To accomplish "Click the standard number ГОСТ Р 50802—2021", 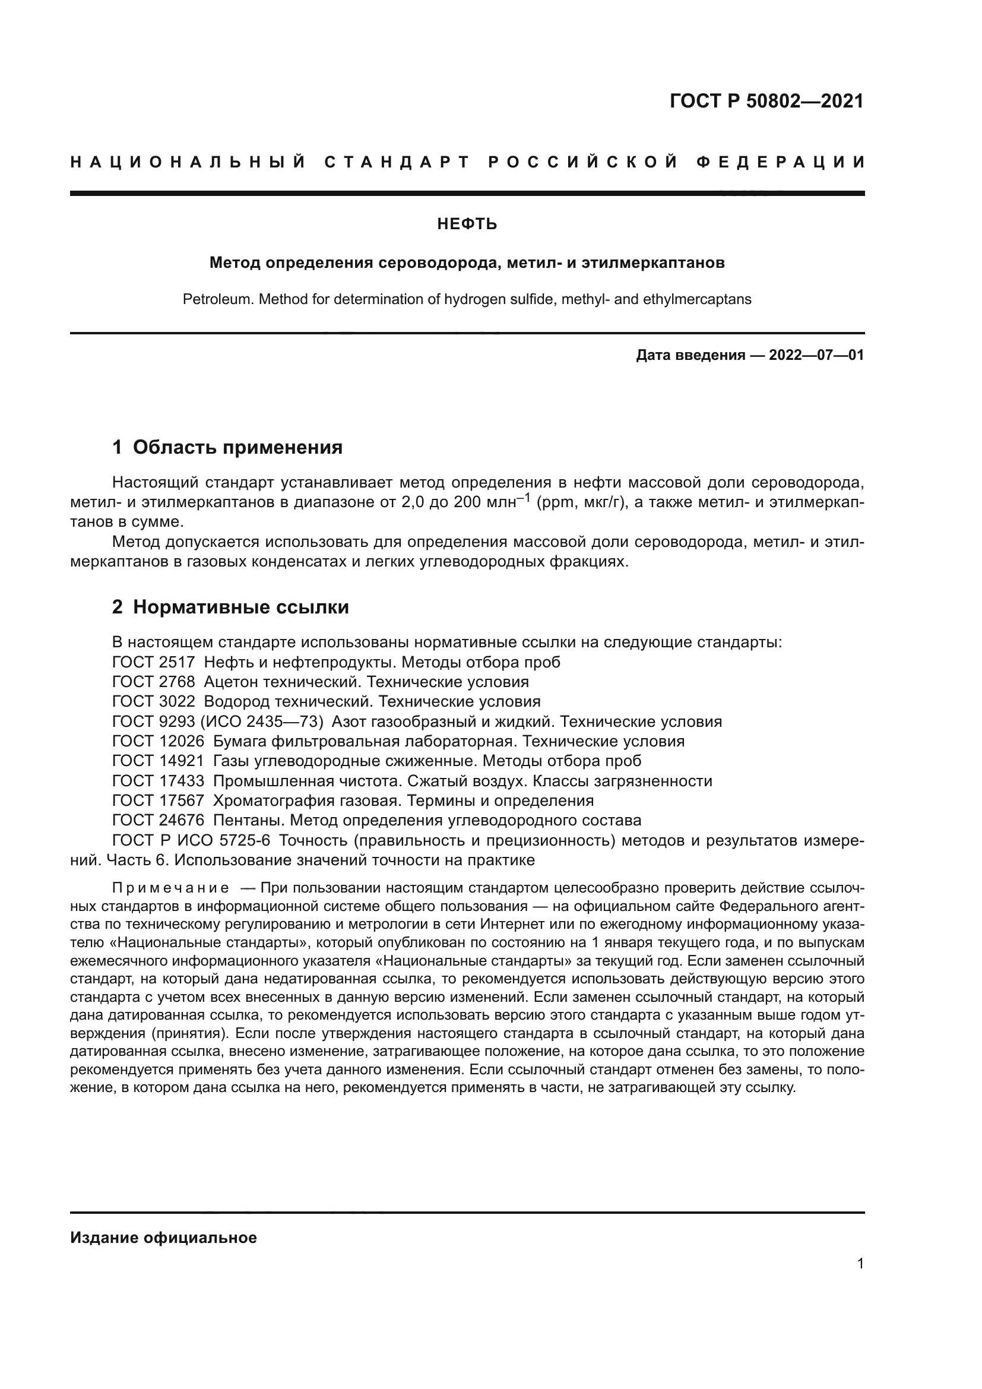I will [766, 101].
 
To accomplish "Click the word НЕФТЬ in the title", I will [467, 224].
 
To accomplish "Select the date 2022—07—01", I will [816, 355].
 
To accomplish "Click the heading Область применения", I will [237, 448].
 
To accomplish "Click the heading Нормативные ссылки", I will [240, 607].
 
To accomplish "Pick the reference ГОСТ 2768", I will [154, 682].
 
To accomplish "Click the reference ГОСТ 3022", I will [154, 702].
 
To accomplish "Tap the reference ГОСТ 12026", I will [159, 741].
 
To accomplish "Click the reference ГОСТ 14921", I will [159, 761].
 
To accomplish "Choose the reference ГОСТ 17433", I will [159, 781].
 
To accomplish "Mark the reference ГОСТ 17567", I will [159, 801].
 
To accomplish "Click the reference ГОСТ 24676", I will [159, 820].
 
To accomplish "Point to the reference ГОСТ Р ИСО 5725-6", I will [191, 840].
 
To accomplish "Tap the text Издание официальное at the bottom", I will [163, 1238].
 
